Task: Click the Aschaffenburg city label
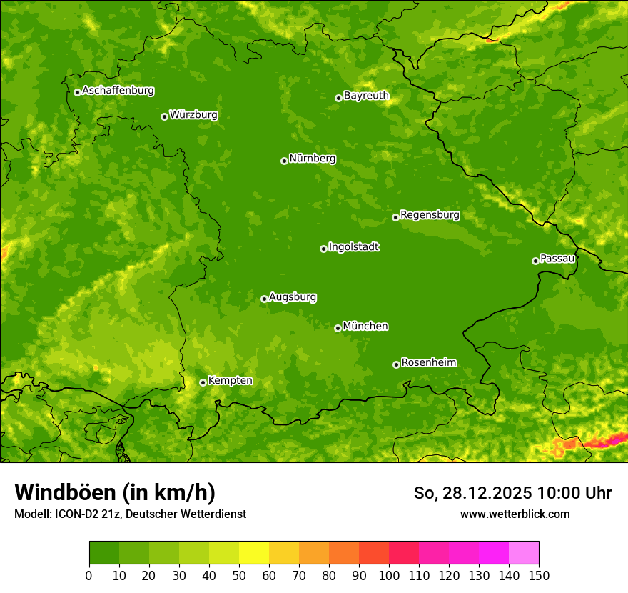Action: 118,91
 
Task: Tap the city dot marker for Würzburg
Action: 164,116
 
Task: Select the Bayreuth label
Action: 366,95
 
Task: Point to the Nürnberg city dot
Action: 284,161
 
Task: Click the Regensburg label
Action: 430,214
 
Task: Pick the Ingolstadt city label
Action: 353,246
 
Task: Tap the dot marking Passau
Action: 535,261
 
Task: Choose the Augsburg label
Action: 293,296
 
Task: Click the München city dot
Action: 338,328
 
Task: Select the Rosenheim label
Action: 428,362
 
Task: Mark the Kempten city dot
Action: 203,382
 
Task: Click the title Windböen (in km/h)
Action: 114,492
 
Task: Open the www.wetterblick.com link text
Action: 515,514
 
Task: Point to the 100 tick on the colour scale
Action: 389,574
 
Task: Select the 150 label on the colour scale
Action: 539,574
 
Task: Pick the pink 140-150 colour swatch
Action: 524,553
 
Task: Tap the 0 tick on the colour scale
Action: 88,574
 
